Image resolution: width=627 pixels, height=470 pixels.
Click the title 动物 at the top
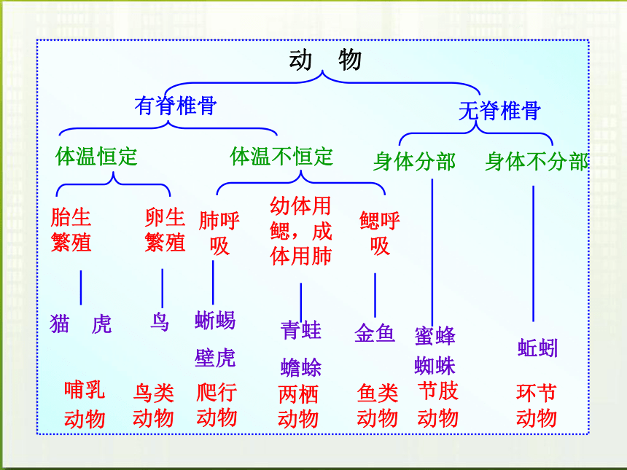[325, 60]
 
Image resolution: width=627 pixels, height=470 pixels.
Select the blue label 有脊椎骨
[176, 106]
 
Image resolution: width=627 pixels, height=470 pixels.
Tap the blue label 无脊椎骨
[500, 111]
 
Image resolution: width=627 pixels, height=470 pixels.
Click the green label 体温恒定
[96, 156]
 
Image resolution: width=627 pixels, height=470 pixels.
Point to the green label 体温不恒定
[281, 156]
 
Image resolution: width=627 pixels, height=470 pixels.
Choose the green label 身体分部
[414, 162]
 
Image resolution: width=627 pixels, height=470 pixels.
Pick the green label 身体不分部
[537, 162]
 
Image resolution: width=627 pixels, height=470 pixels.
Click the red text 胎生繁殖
[71, 230]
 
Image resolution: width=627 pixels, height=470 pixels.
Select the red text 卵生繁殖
[165, 230]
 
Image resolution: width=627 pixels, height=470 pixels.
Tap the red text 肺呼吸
[219, 233]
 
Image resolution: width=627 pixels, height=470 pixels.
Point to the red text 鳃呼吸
[379, 233]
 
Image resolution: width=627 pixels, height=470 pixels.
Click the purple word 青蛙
[300, 330]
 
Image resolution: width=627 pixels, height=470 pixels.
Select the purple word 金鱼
[375, 333]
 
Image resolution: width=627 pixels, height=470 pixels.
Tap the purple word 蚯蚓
[538, 348]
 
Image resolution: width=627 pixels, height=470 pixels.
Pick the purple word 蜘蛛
[435, 365]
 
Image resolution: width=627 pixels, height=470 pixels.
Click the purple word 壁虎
[215, 358]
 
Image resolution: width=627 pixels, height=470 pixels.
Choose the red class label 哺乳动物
[85, 404]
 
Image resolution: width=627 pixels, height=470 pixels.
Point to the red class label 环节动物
[537, 406]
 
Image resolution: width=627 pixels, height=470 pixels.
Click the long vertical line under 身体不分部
[533, 254]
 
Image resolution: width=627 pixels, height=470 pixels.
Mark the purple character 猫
[60, 324]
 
